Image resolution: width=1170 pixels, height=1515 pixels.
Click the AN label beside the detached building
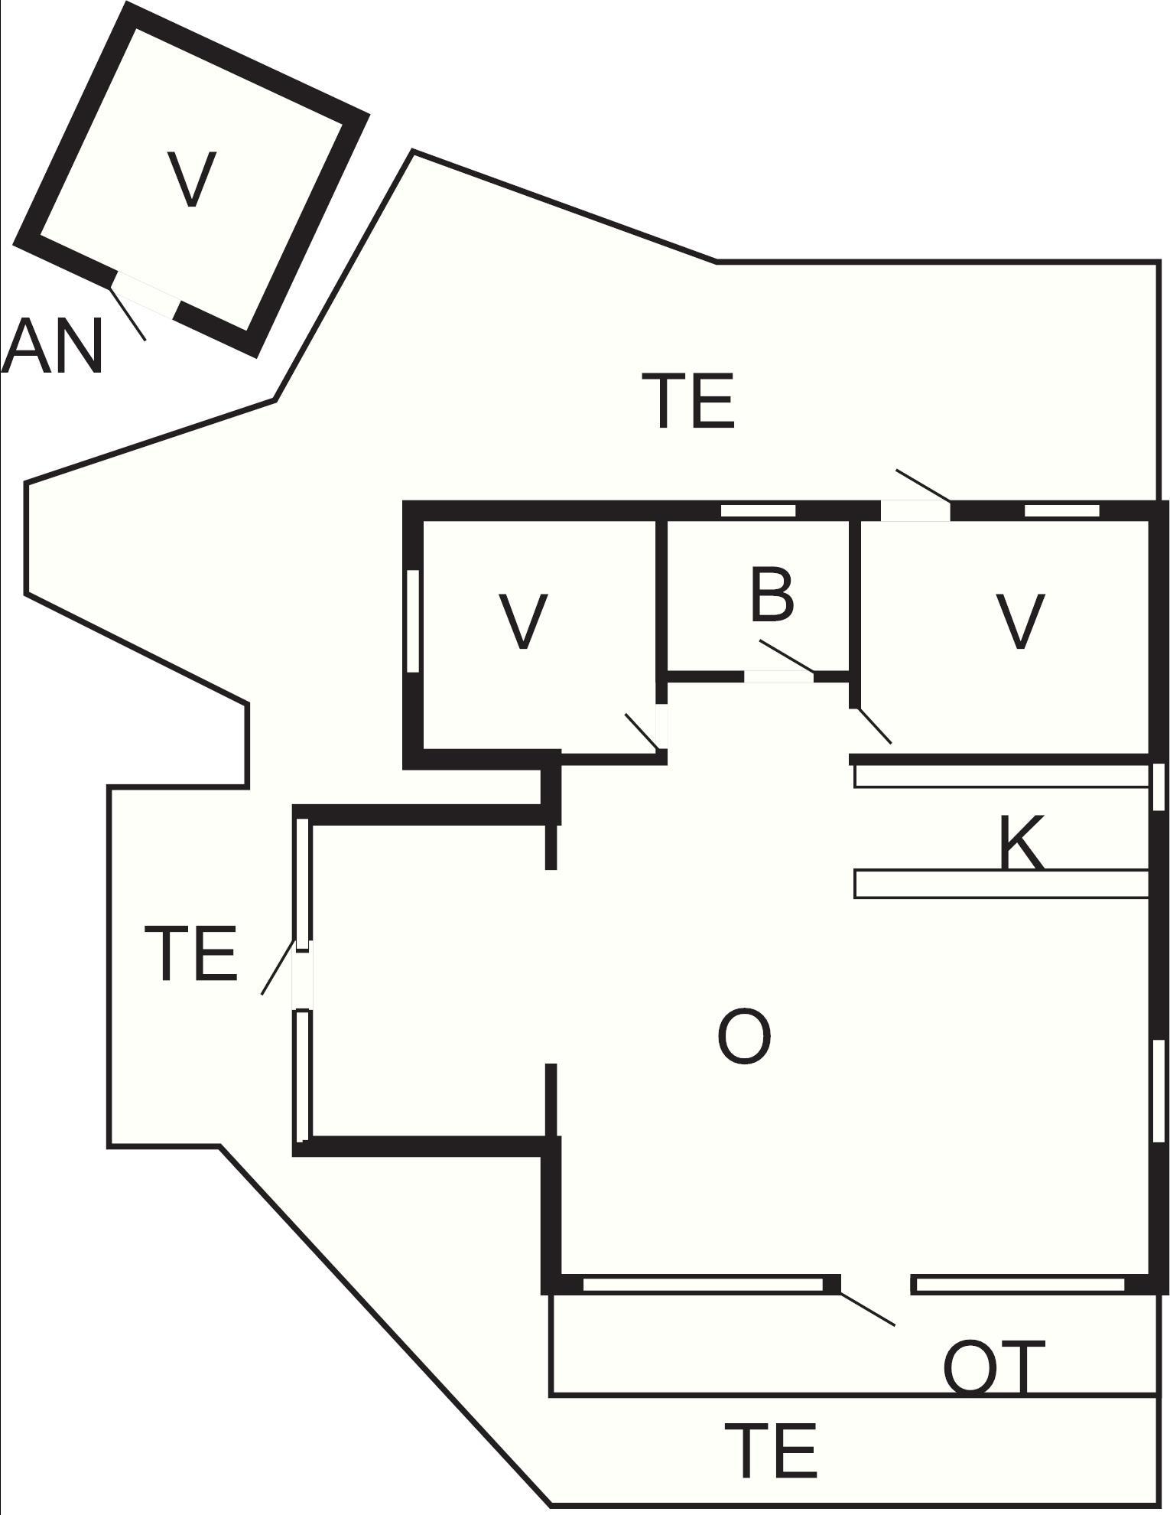[52, 346]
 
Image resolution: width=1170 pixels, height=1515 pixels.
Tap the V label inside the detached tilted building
[191, 179]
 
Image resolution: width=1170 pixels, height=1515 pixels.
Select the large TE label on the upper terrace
[693, 400]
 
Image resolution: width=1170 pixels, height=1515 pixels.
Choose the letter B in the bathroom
[772, 595]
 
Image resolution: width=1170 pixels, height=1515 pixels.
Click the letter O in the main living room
[744, 1036]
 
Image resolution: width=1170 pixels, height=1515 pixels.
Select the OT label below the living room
[994, 1366]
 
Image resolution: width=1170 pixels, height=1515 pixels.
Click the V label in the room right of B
[1021, 621]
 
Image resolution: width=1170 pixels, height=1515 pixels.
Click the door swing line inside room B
[787, 657]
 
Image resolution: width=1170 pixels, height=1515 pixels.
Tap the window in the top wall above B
[759, 510]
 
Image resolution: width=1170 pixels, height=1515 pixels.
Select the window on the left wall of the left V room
[413, 621]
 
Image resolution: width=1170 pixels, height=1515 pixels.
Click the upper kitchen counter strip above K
[1002, 776]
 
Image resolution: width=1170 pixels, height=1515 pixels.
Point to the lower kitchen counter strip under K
[1002, 884]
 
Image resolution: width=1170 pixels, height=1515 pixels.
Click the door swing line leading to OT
[867, 1308]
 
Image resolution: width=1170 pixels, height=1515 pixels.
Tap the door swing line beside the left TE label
[278, 967]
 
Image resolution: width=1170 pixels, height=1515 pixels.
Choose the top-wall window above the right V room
[1061, 510]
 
